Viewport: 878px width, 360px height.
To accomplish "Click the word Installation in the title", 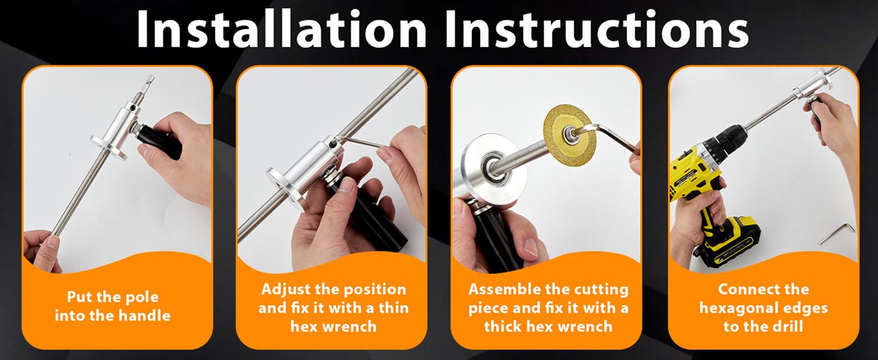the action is tap(282, 29).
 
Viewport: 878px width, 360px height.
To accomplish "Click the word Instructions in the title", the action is tap(597, 29).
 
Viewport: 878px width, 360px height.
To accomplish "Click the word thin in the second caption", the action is tap(393, 308).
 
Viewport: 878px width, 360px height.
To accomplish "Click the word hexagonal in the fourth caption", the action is tap(738, 308).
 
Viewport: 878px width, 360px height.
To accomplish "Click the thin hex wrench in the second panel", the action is tap(359, 142).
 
